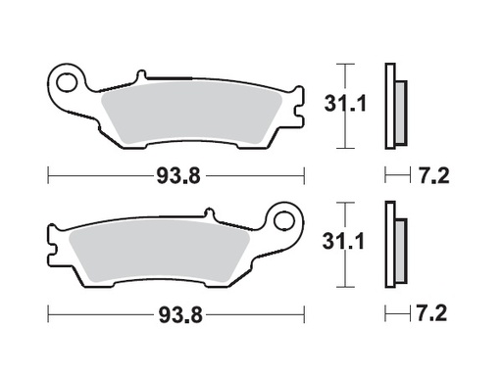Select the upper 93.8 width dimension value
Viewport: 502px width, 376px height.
tap(176, 177)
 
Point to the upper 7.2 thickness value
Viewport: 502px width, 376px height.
tap(435, 177)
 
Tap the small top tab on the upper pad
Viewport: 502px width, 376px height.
tap(141, 74)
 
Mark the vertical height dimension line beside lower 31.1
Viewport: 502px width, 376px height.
tap(340, 245)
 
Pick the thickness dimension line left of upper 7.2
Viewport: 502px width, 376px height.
tap(395, 177)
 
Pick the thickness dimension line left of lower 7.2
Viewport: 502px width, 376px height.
tap(395, 314)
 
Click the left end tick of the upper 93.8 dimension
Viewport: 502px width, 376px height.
tap(49, 177)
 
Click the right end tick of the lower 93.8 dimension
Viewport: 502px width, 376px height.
tap(304, 314)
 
